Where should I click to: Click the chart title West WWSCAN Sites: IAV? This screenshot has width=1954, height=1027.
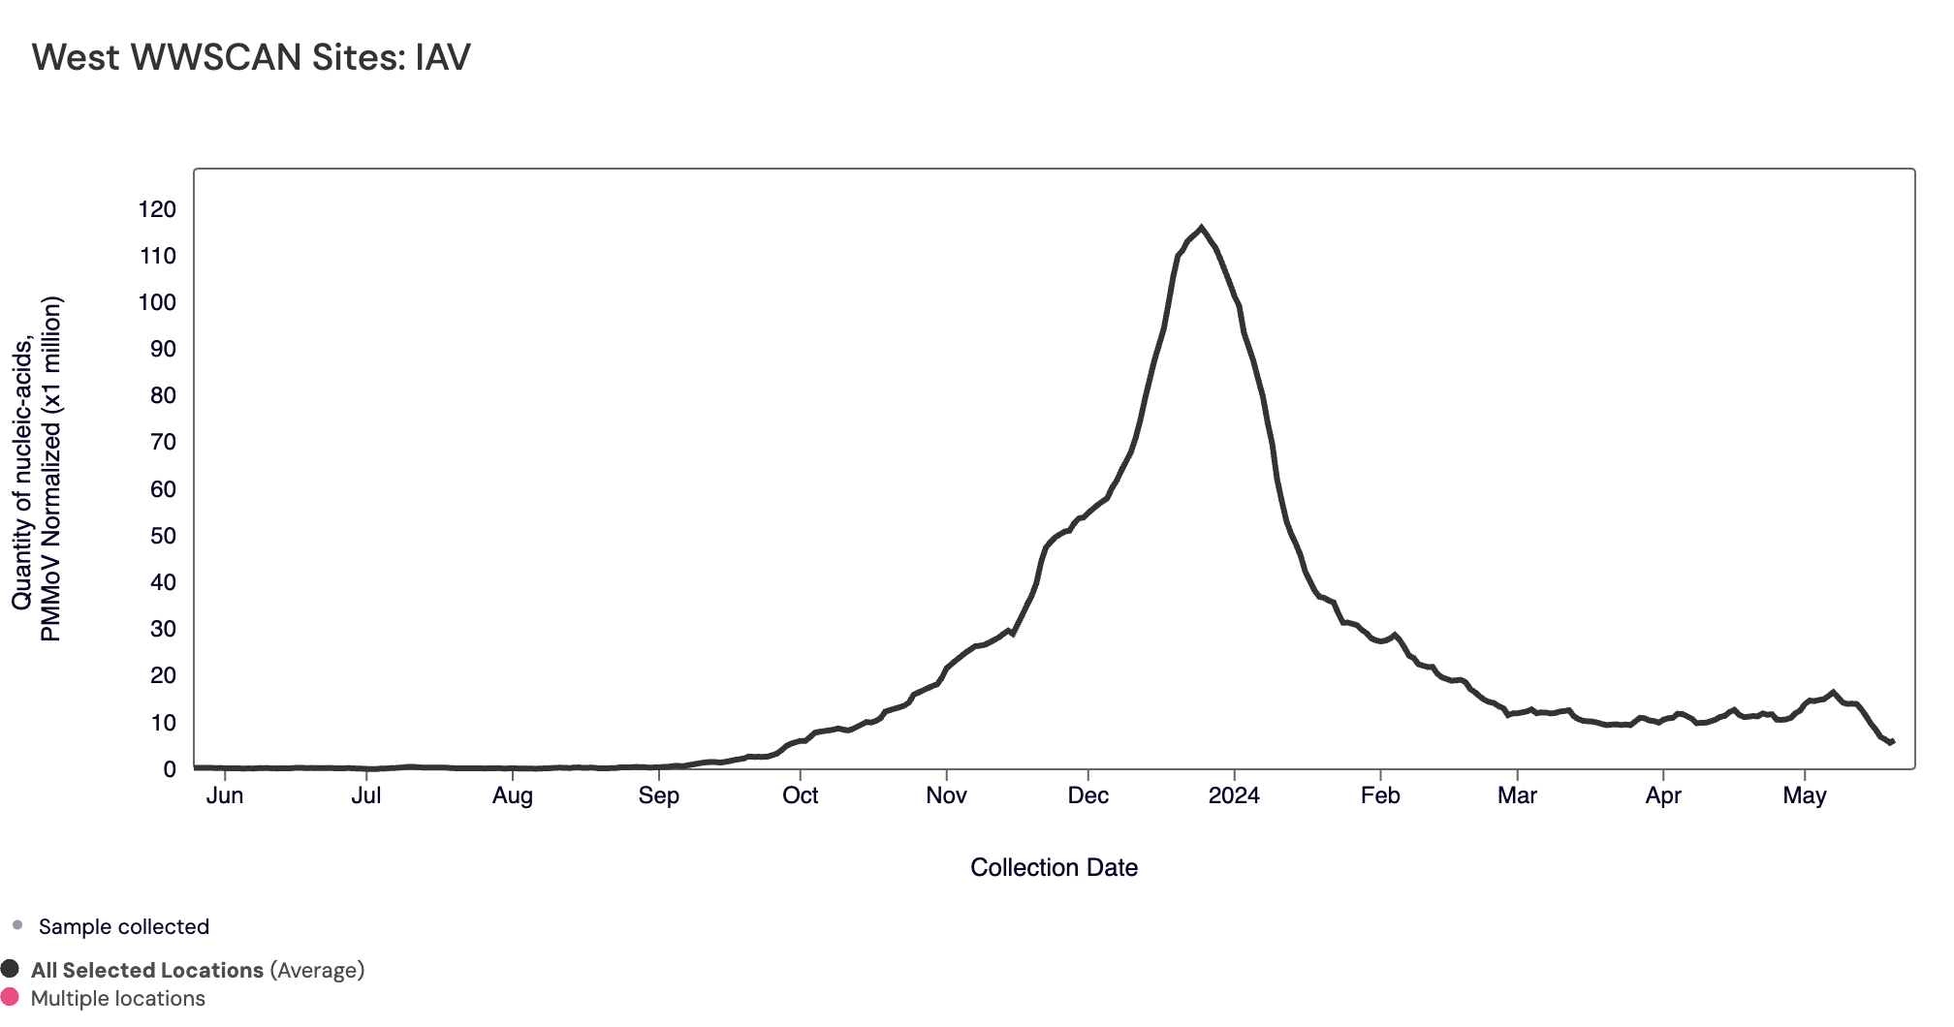tap(251, 57)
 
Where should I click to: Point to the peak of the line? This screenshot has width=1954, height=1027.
tap(1202, 228)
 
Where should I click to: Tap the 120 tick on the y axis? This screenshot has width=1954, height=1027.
tap(157, 209)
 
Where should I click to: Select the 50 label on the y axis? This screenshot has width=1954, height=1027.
tap(163, 536)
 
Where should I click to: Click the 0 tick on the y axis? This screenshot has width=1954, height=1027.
tap(170, 769)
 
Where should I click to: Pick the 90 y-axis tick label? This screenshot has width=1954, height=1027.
tap(163, 349)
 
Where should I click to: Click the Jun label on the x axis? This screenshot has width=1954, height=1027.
tap(225, 795)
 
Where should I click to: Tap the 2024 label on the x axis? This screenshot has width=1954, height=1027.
tap(1234, 795)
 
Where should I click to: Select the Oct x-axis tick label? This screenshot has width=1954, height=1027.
tap(801, 795)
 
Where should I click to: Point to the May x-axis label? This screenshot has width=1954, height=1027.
tap(1805, 795)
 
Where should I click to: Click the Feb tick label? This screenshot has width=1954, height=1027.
tap(1380, 795)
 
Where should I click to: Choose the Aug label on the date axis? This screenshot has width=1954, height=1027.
tap(513, 795)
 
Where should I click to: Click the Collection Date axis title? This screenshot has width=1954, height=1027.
tap(1054, 867)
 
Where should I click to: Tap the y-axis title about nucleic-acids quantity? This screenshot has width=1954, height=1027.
tap(37, 469)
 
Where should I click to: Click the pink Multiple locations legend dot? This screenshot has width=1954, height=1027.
tap(11, 997)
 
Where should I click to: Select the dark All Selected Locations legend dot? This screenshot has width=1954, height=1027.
tap(11, 969)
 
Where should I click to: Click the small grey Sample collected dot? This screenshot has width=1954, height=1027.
tap(17, 925)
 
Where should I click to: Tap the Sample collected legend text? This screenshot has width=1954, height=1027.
tap(124, 926)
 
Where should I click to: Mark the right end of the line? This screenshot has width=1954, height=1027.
tap(1892, 742)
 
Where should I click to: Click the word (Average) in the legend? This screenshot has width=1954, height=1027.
tap(317, 970)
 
